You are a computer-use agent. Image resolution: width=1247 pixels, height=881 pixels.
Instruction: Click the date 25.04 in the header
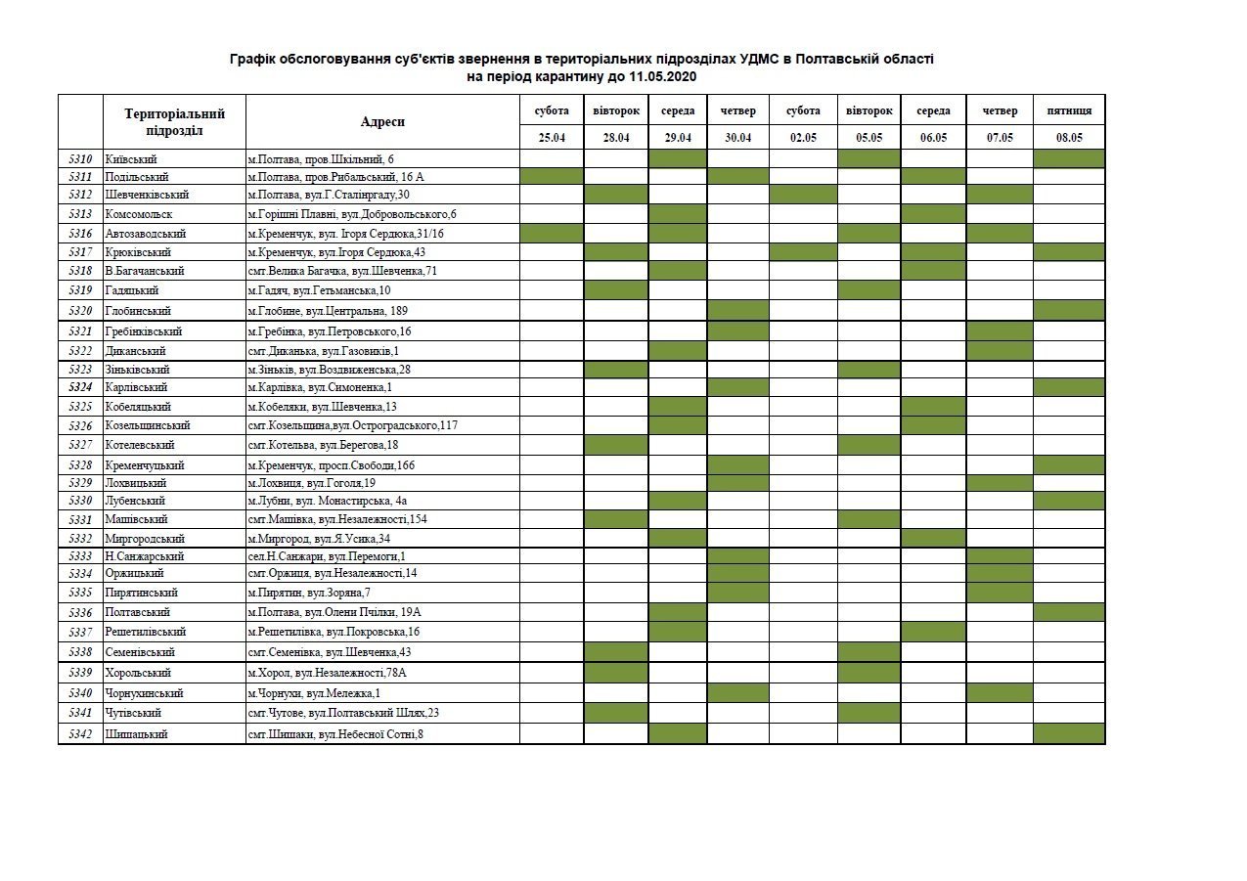552,138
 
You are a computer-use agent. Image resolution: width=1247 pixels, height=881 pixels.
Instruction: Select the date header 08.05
1069,138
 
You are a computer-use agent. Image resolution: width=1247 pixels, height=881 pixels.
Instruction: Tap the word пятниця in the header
1069,111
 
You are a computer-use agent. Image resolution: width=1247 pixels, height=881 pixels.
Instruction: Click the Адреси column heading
382,122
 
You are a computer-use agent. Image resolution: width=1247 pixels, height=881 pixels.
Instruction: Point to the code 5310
81,159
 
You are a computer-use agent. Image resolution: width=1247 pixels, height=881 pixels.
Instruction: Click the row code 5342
81,734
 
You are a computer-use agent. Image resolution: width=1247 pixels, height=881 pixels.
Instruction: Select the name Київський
131,159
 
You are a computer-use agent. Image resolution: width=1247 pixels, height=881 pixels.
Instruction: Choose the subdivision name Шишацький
136,734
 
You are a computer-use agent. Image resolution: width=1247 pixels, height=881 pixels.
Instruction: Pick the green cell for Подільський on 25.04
552,177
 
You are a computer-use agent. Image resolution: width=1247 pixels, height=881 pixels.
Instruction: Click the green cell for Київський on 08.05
1069,159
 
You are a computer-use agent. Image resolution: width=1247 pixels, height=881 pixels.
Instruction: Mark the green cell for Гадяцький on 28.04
616,290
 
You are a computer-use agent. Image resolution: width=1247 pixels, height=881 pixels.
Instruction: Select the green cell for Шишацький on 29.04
678,734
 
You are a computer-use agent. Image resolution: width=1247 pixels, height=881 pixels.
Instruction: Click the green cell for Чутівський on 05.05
868,714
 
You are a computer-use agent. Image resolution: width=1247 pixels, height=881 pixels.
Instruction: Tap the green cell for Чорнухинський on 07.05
1000,693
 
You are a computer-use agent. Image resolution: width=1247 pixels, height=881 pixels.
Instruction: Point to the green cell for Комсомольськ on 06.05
934,214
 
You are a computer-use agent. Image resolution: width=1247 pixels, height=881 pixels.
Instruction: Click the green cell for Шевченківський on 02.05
803,195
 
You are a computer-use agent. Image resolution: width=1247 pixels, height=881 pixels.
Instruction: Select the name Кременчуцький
144,465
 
